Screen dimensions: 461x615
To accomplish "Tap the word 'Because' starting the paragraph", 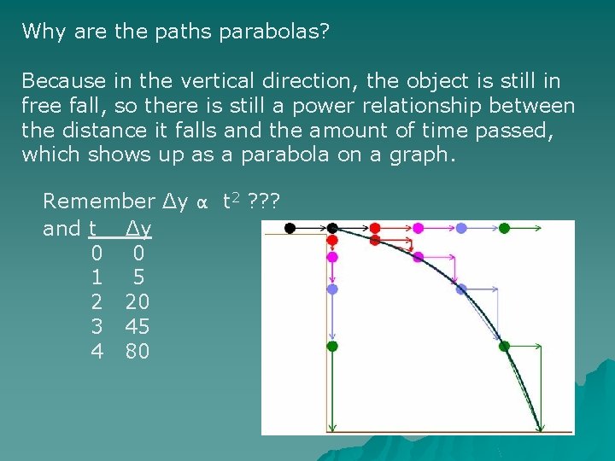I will [x=63, y=81].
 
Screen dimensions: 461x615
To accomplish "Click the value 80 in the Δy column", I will [x=138, y=350].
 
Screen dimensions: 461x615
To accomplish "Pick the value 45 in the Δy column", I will [x=138, y=325].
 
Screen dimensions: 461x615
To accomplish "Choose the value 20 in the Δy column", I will [x=138, y=301].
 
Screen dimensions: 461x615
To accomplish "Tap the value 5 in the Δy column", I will [x=138, y=277].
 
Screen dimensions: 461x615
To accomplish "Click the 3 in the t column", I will [x=97, y=325].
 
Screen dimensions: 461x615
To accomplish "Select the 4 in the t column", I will [x=97, y=350].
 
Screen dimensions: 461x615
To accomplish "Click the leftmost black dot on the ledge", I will [x=290, y=228].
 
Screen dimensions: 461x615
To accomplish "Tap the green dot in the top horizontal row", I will [x=504, y=228].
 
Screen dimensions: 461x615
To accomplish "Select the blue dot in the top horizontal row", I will [x=461, y=228].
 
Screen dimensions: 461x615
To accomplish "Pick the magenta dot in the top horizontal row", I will [x=419, y=228].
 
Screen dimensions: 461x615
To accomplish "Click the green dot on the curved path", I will [x=504, y=346].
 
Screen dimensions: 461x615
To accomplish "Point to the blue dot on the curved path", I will [x=461, y=289].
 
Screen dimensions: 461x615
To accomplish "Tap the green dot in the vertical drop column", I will [x=332, y=346].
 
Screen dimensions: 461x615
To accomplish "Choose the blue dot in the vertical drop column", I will [x=332, y=289].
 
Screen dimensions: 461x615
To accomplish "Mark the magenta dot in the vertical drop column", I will [x=332, y=256].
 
